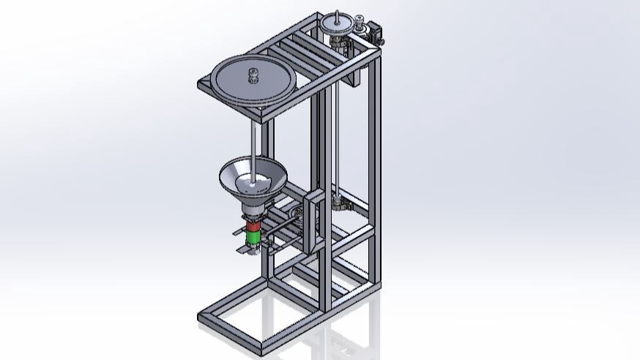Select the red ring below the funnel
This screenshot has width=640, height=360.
(253, 227)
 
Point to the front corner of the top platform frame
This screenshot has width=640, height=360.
(264, 114)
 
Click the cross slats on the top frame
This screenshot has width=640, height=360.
(300, 51)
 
